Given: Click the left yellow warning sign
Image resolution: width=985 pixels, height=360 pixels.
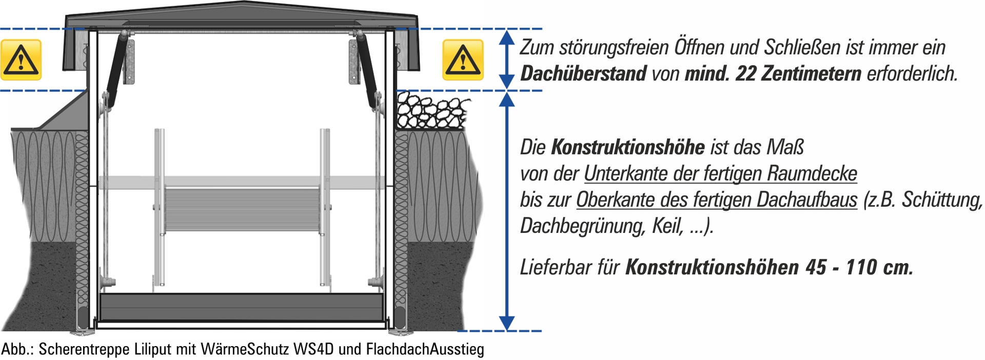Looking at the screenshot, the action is pyautogui.click(x=21, y=59).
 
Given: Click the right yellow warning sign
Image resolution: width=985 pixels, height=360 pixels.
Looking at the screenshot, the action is pyautogui.click(x=463, y=59).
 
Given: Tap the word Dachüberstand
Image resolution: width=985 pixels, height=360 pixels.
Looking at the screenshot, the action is pyautogui.click(x=583, y=73).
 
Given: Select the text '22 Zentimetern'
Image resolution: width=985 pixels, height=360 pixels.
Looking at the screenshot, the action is pyautogui.click(x=798, y=73).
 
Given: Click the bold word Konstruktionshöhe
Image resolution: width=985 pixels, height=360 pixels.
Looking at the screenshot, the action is pyautogui.click(x=628, y=147).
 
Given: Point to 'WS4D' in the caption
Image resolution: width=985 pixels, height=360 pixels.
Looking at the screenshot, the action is pyautogui.click(x=313, y=349).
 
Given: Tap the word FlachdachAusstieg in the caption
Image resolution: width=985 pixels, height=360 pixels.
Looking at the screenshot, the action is pyautogui.click(x=425, y=349).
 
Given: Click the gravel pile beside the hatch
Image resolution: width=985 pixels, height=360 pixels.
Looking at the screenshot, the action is pyautogui.click(x=432, y=110).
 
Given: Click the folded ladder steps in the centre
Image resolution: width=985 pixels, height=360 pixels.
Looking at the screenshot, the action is pyautogui.click(x=242, y=210).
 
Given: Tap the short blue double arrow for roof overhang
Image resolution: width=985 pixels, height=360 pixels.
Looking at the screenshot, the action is pyautogui.click(x=507, y=59).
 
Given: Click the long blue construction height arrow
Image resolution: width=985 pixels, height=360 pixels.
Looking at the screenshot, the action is pyautogui.click(x=507, y=211).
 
